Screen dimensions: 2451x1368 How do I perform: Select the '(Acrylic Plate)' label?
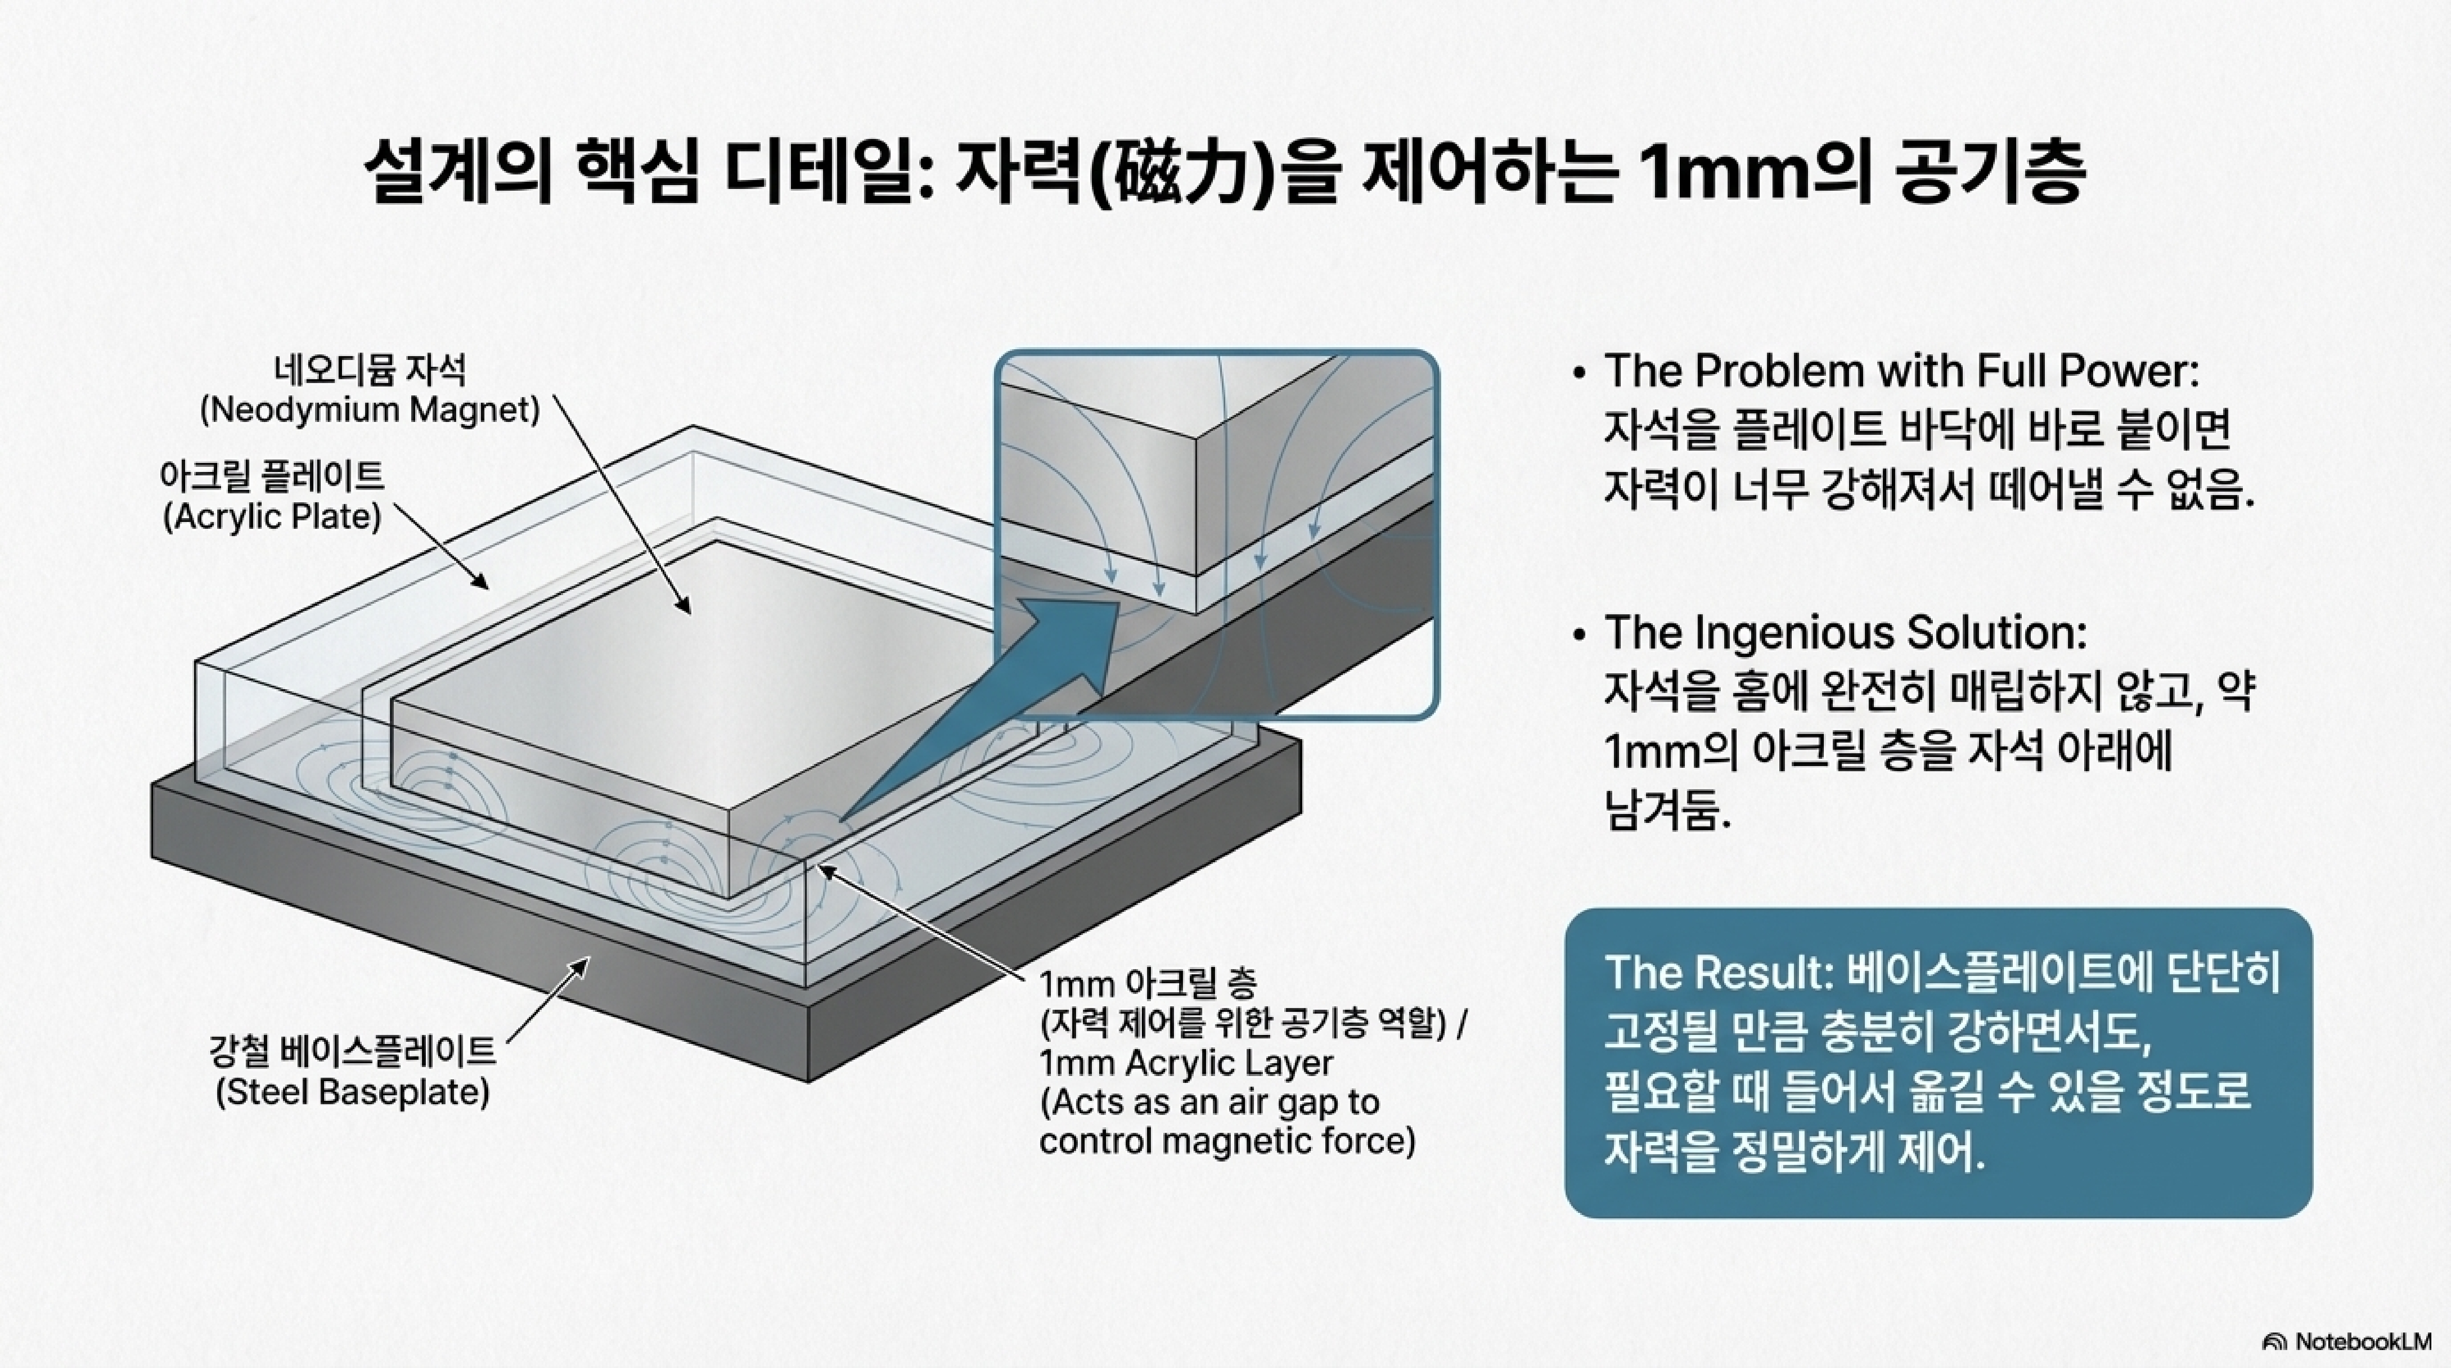coord(272,516)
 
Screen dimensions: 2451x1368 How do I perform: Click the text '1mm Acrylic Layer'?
coord(1186,1063)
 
